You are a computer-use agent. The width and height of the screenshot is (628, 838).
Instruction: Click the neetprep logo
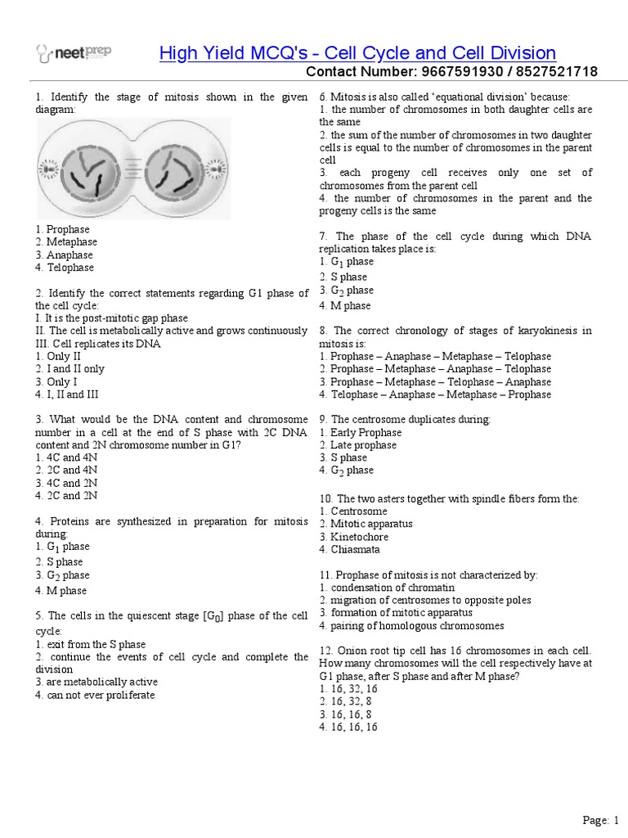[x=74, y=53]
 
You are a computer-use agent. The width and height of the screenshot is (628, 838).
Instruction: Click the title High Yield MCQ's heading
[x=357, y=53]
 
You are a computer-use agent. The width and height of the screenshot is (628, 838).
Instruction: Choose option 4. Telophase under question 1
[x=65, y=268]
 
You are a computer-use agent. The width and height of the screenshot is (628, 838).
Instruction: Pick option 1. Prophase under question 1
[x=63, y=229]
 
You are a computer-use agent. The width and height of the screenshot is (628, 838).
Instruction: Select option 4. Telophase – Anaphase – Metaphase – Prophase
[x=435, y=394]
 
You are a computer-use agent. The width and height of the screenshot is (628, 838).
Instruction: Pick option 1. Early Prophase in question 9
[x=361, y=432]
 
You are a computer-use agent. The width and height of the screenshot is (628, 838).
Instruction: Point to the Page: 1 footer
[x=601, y=820]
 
